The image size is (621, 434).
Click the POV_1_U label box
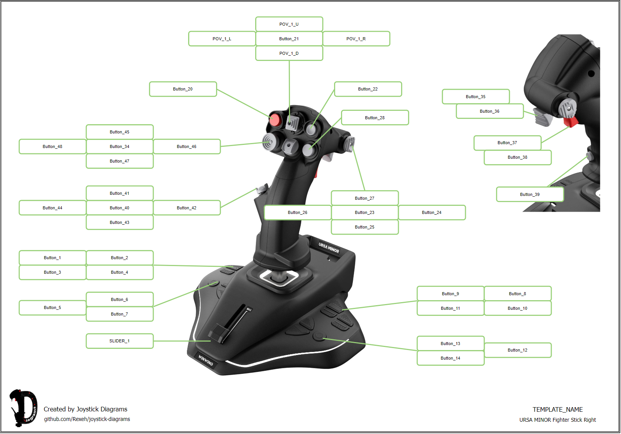(289, 24)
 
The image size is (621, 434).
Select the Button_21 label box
(289, 39)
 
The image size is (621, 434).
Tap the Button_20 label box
(183, 89)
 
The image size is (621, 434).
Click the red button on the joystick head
(275, 120)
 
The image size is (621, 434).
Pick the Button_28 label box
(375, 118)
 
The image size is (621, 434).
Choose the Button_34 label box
(120, 146)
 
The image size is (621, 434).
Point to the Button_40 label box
(120, 208)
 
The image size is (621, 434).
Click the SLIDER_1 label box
(120, 341)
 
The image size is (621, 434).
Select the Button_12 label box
(518, 350)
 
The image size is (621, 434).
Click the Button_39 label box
(530, 194)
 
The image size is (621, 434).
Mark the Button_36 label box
(490, 111)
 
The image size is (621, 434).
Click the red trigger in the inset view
(571, 122)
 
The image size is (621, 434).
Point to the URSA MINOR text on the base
(329, 248)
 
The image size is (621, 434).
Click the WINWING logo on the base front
(206, 360)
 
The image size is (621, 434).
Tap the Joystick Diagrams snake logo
(23, 408)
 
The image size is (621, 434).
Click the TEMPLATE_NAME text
(557, 409)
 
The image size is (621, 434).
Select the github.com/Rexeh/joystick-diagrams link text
(87, 419)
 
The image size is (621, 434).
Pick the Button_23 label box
(365, 212)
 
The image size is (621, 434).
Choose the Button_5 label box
(52, 307)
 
